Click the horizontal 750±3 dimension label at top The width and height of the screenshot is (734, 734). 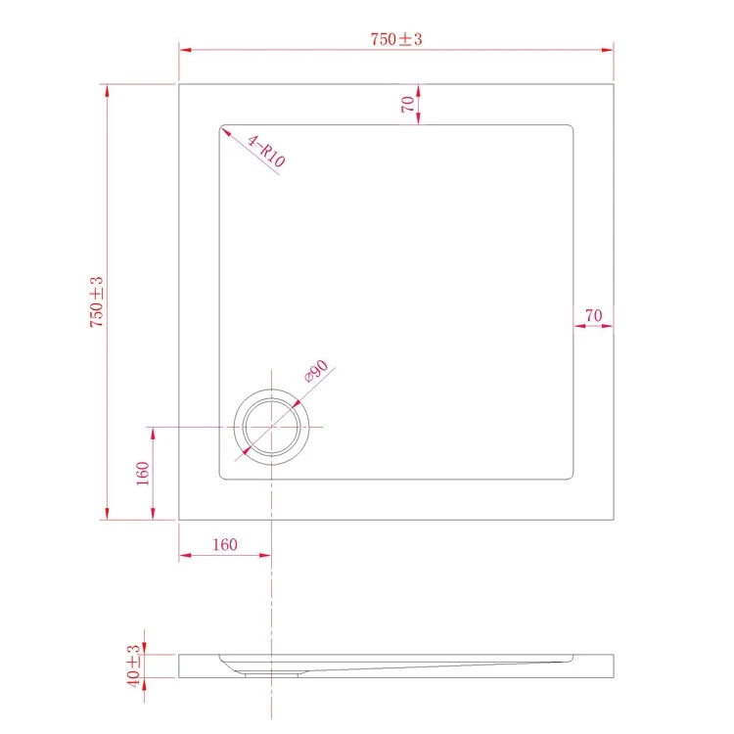tap(396, 39)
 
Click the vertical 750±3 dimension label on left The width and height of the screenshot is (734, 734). tap(97, 302)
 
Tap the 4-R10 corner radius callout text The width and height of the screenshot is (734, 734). tap(266, 151)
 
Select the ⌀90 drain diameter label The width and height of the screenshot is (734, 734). tap(316, 371)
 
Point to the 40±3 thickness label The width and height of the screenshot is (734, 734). tap(133, 665)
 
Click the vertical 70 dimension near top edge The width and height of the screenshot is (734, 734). tap(408, 104)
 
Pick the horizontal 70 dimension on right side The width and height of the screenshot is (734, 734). tap(594, 315)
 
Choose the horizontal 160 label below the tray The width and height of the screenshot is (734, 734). tap(225, 544)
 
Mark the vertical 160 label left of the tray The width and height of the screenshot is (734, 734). tap(142, 474)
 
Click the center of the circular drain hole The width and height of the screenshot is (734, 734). tap(271, 427)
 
